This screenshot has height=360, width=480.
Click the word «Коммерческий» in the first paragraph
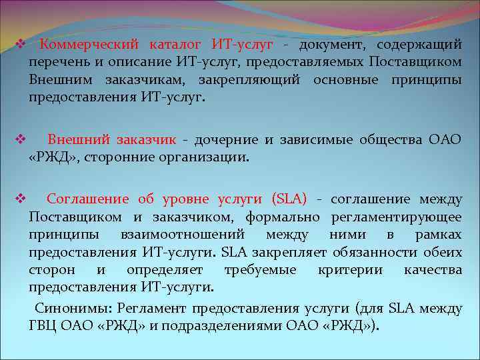point(89,45)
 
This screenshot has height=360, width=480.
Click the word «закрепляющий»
point(249,79)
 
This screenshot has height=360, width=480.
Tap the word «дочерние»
point(227,140)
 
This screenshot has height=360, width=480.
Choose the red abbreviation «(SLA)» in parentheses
point(289,199)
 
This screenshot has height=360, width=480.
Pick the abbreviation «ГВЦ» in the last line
point(43,326)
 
